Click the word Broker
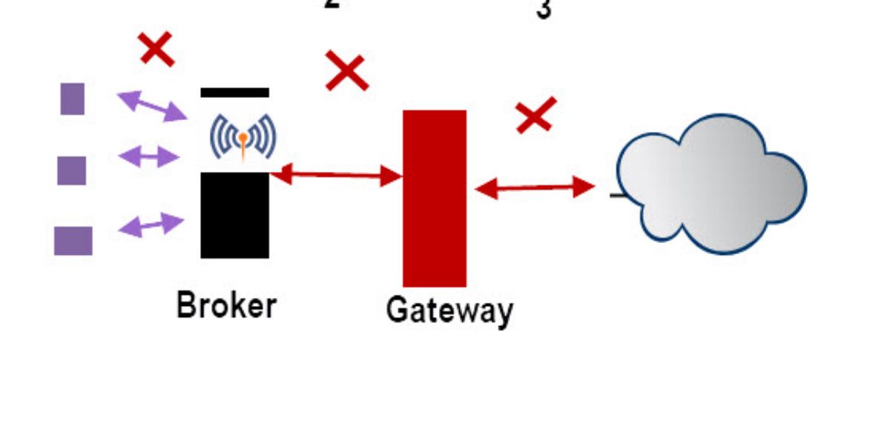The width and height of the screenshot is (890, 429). coord(226,305)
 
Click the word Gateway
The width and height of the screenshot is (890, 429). coord(449,310)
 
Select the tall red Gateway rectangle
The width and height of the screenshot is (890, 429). coord(435,198)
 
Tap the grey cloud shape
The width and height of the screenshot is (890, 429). coord(711,183)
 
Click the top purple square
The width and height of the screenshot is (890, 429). coord(72,99)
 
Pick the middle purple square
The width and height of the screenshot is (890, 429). coord(72,170)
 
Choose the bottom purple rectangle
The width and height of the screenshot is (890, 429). coord(73,241)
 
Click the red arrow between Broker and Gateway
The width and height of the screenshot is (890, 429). coord(336,176)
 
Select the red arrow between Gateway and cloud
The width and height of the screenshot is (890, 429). coord(535,188)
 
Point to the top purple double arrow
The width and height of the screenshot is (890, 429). coord(152,105)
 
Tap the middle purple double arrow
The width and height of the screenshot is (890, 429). coord(148,156)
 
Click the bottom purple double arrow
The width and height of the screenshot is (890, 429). coord(151,225)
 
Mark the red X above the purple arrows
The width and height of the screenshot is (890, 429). coord(156,50)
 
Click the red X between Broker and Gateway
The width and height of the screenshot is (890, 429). coord(346,71)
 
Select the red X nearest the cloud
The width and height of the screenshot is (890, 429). coord(535,116)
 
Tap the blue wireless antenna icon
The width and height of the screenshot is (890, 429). coord(243,137)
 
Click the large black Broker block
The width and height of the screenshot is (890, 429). coord(234,215)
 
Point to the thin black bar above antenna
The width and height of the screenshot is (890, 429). coord(234,93)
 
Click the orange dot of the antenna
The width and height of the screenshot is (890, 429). coord(243,137)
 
